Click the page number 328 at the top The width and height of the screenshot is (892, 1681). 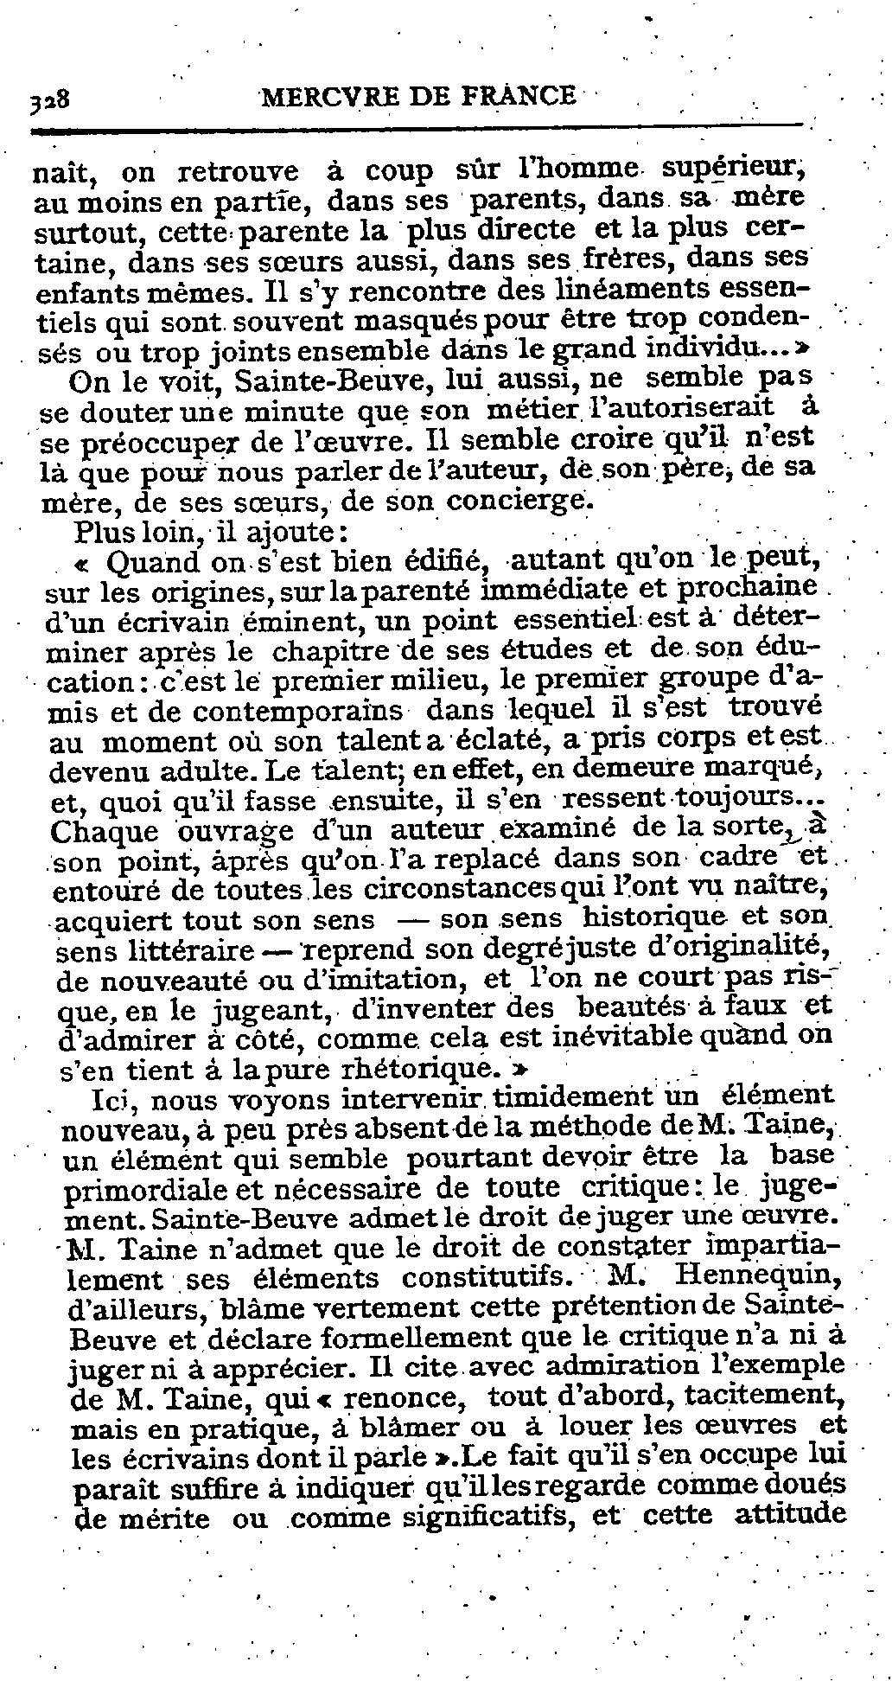click(x=50, y=99)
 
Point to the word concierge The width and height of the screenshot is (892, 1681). click(x=522, y=502)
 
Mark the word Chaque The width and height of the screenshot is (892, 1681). click(x=105, y=832)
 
